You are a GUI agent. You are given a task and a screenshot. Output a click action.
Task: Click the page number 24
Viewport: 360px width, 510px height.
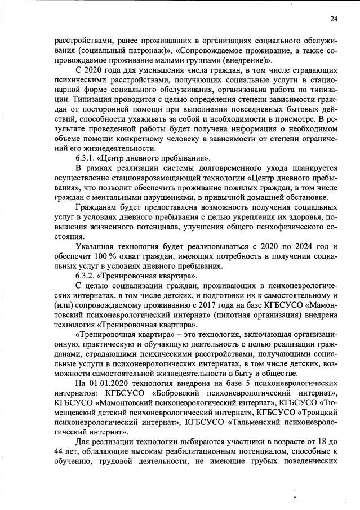(334, 19)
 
